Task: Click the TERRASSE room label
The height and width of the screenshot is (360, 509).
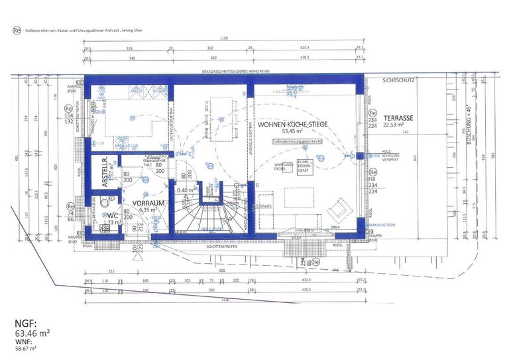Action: (398, 117)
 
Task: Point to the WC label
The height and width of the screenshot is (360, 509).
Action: (113, 215)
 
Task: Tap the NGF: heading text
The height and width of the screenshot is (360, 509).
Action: (23, 324)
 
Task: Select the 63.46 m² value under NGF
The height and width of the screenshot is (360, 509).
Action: (33, 334)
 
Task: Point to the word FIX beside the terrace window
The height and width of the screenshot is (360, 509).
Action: (371, 179)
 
